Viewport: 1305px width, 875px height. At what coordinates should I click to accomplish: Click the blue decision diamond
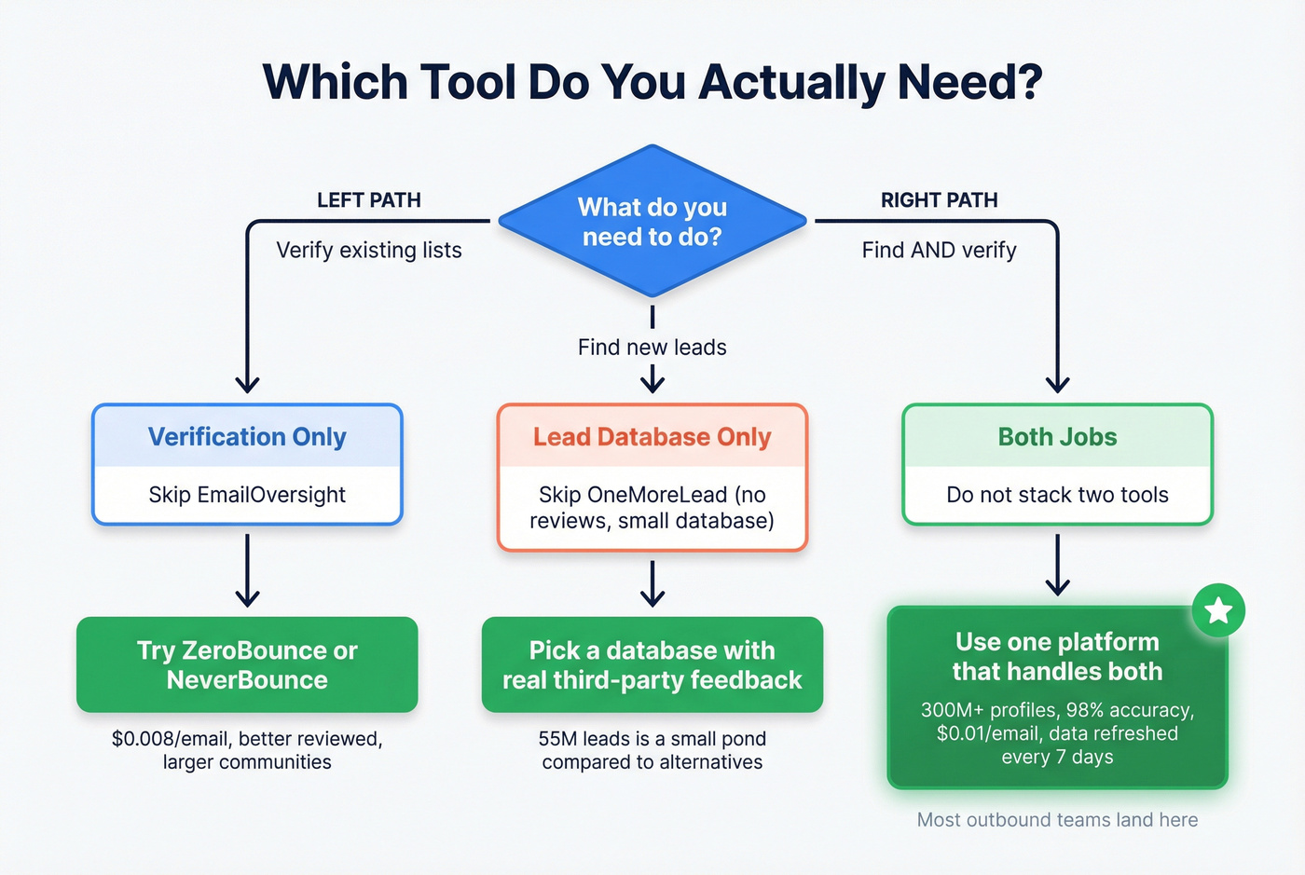(652, 222)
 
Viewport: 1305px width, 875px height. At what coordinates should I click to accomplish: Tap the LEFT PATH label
(368, 200)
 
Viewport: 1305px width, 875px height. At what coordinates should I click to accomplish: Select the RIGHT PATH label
(939, 200)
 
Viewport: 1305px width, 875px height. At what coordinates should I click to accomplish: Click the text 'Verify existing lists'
(368, 250)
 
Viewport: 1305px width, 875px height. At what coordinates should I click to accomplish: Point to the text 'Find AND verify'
(939, 250)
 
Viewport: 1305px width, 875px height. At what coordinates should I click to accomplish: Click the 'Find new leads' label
(652, 348)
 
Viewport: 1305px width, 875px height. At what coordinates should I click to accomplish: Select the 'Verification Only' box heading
(247, 437)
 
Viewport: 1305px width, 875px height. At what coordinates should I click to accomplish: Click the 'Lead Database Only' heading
(652, 437)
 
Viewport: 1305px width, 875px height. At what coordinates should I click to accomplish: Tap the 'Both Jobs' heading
(1057, 437)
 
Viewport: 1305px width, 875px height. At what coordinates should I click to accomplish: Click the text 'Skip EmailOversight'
(247, 495)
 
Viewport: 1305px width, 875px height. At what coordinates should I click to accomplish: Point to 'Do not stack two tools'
(1057, 495)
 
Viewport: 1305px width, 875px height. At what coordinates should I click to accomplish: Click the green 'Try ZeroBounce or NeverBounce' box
(247, 664)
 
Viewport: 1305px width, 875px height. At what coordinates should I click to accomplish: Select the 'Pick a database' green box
(652, 664)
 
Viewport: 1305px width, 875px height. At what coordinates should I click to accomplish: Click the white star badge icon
(1218, 611)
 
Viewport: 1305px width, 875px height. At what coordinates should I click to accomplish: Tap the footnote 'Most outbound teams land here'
(1057, 820)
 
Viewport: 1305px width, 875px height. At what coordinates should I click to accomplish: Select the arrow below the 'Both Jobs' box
(1057, 565)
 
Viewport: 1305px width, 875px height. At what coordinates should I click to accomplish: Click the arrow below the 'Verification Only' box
(247, 570)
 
